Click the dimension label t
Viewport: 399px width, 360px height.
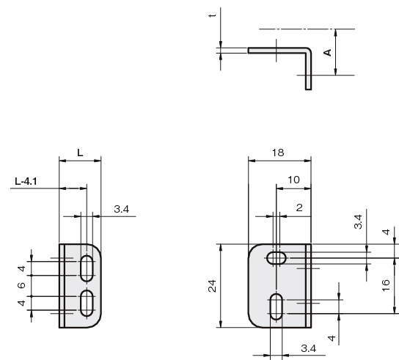(x=212, y=15)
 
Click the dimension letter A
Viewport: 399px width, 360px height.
(x=328, y=52)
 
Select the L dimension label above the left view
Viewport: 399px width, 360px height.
(x=80, y=153)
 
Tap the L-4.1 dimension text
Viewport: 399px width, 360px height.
(x=26, y=181)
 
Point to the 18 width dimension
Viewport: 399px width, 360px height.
(x=278, y=153)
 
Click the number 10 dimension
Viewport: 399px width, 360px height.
(x=293, y=180)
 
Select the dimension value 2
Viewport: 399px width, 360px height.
(x=299, y=207)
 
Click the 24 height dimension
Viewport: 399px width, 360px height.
(x=212, y=286)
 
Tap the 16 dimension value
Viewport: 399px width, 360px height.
(x=386, y=285)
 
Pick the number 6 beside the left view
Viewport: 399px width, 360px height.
(x=21, y=285)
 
